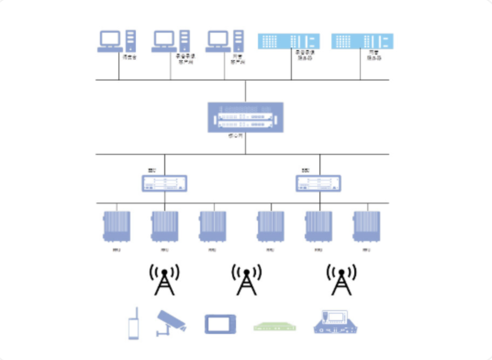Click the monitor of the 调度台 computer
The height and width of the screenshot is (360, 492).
tap(110, 38)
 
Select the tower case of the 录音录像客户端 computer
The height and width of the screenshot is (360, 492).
tap(184, 40)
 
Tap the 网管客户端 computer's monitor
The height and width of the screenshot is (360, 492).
tap(218, 38)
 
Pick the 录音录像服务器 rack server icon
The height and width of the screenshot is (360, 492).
tap(290, 41)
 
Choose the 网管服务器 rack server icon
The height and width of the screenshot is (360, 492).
tap(362, 41)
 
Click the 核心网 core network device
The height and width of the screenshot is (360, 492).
tap(246, 117)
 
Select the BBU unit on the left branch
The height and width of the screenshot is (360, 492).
tap(164, 183)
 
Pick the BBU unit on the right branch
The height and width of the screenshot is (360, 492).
tap(318, 183)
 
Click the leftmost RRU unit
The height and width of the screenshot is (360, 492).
tap(117, 226)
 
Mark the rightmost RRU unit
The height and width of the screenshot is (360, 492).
tap(366, 226)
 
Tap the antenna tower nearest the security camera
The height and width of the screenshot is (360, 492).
tap(164, 280)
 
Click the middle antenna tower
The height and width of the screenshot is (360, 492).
tap(246, 280)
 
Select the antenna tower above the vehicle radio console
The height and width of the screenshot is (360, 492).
tap(341, 280)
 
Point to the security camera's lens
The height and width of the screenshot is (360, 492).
tap(182, 328)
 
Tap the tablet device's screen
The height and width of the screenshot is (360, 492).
tap(220, 324)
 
